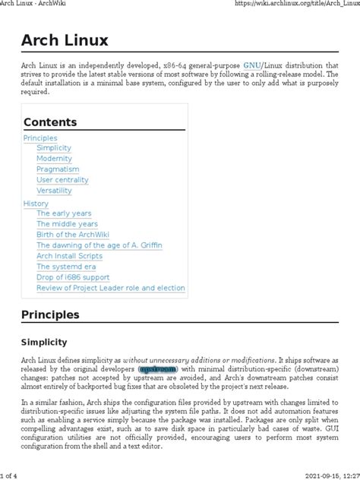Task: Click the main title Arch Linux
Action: point(65,39)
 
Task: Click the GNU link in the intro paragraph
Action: point(252,66)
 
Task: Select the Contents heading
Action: point(51,122)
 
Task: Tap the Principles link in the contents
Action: point(40,138)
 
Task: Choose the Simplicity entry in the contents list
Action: point(54,149)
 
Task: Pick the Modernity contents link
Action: point(54,159)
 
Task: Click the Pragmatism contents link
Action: point(58,170)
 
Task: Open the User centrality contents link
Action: point(62,181)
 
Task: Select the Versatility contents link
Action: point(55,191)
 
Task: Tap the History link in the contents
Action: point(36,203)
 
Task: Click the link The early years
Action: point(64,213)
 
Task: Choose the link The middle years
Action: point(67,224)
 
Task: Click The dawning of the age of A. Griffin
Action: point(99,245)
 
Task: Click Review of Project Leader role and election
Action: point(110,288)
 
